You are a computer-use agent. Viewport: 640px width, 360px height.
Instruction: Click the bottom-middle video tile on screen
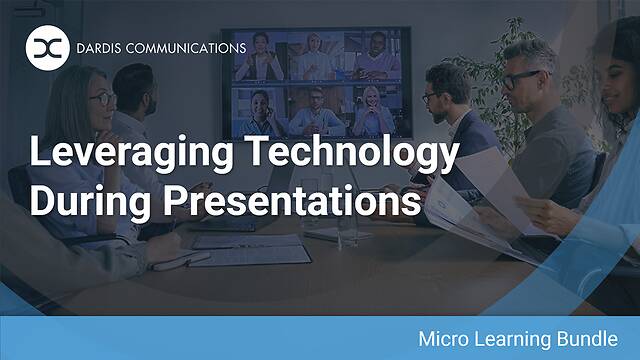coord(316,111)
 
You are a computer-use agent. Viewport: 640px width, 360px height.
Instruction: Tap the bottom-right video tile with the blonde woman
coord(371,111)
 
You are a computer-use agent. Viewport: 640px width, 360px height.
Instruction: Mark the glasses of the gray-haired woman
coord(101,99)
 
